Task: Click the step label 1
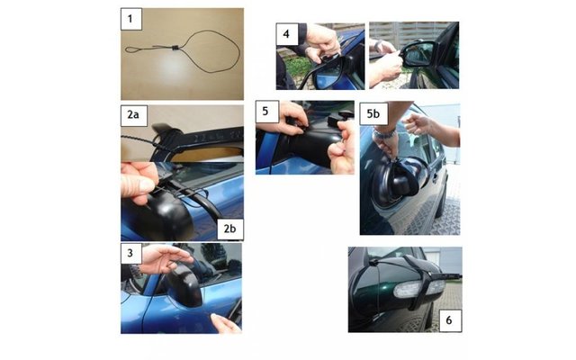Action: (x=131, y=19)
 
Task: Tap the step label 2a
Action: (x=134, y=115)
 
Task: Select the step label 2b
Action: (x=229, y=229)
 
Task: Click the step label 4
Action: (x=286, y=34)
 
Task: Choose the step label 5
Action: (x=266, y=112)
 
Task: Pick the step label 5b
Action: (x=373, y=114)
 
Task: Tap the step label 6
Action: (x=450, y=320)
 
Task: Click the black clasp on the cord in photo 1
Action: (x=175, y=48)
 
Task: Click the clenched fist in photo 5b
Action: (x=416, y=124)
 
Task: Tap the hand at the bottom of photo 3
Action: (x=226, y=323)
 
